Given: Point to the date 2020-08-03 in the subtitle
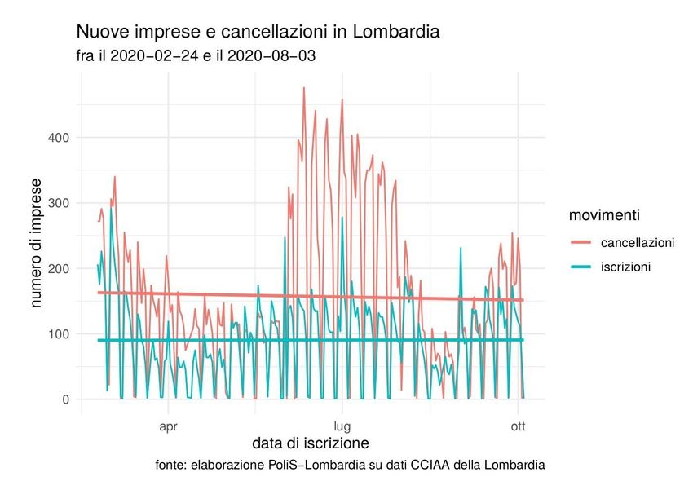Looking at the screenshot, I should tap(274, 56).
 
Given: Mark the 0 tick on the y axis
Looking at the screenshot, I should tap(67, 399).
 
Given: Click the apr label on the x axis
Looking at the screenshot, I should tap(168, 426).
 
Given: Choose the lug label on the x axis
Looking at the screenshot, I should tap(342, 426).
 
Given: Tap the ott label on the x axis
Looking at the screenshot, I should tap(517, 426).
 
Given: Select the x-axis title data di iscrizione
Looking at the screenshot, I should tap(311, 444).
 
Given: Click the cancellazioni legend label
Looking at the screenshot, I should tap(637, 242).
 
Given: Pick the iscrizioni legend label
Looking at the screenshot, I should tap(625, 267).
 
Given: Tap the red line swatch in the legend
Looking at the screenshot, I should tap(581, 242).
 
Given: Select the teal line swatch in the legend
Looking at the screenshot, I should tap(581, 267).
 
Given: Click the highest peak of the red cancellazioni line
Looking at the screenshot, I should tap(304, 88).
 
